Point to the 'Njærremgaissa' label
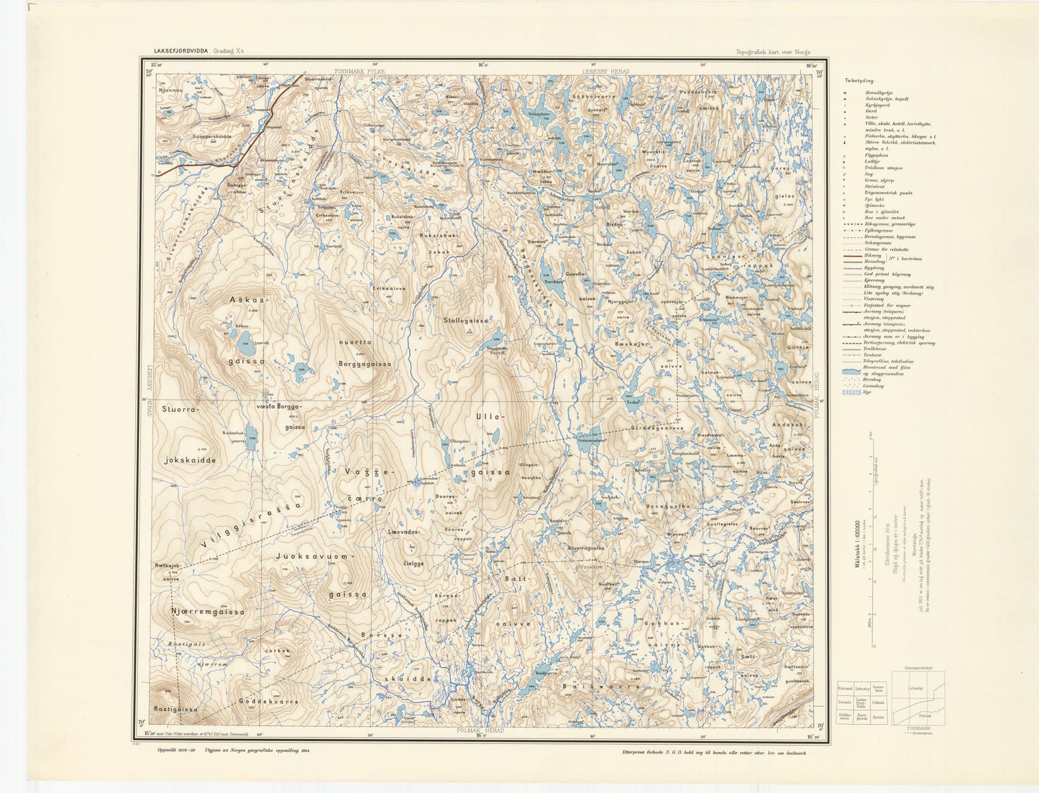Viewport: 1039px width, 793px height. click(208, 612)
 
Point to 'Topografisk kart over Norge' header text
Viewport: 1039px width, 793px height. click(773, 52)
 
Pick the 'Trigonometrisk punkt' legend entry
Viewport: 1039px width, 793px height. click(888, 193)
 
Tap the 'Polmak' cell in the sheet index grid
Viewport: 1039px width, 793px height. click(878, 702)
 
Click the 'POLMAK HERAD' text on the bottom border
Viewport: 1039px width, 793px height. click(480, 730)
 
